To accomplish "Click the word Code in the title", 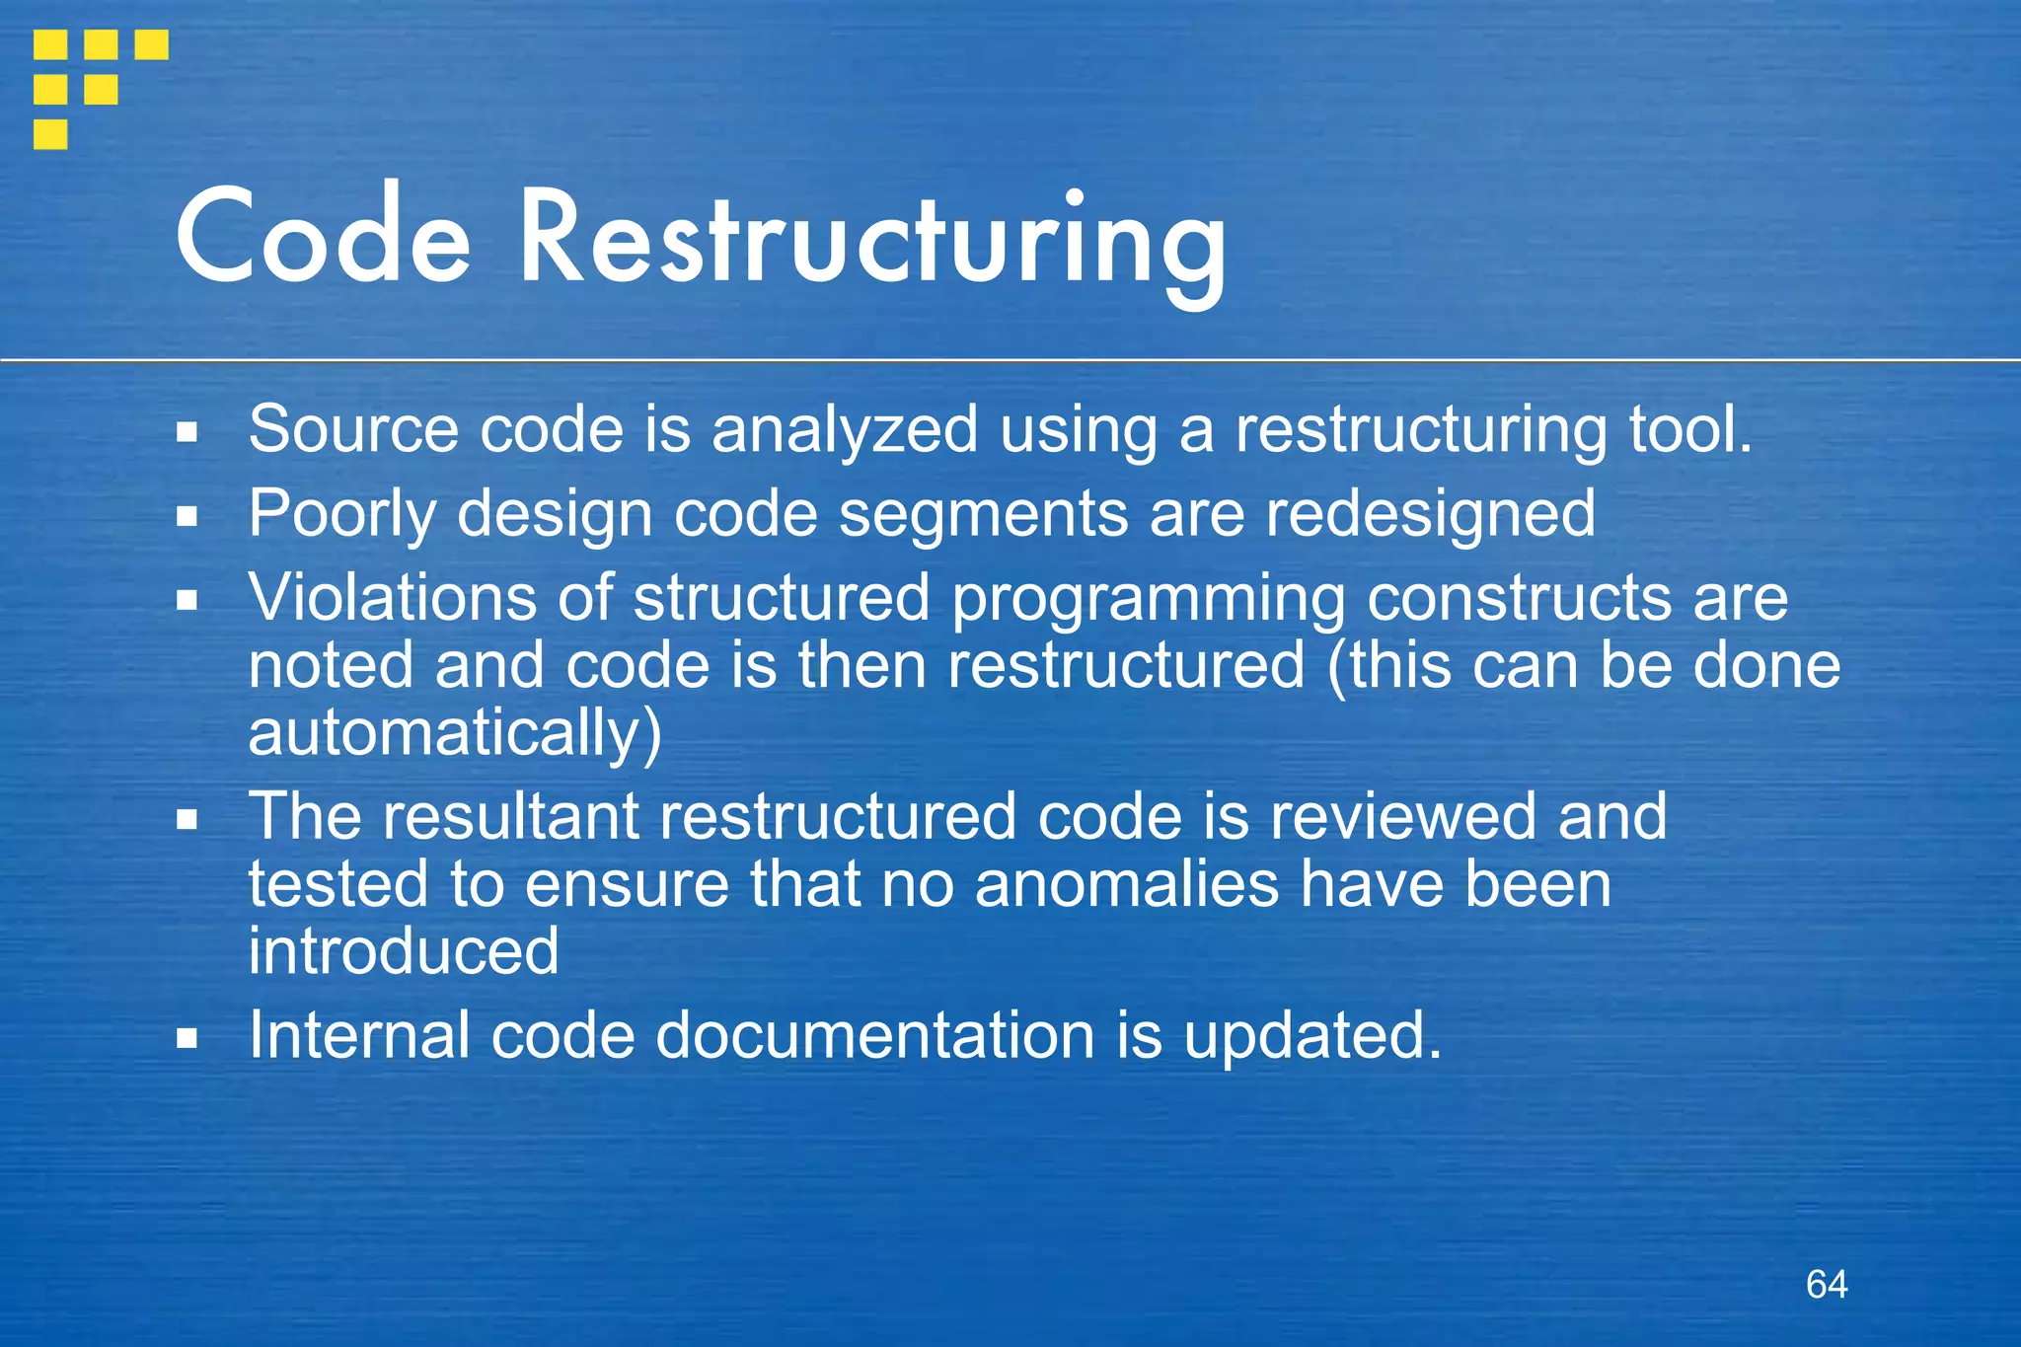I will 323,237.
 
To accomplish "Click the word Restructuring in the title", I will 872,242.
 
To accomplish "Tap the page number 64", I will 1827,1284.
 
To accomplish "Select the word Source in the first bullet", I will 353,429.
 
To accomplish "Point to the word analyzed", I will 845,431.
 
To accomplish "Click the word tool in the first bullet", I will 1689,429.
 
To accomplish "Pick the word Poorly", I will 341,515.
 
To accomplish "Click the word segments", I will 983,514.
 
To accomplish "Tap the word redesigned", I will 1430,515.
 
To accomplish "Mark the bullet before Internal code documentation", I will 187,1038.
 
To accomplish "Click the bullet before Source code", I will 187,432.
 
